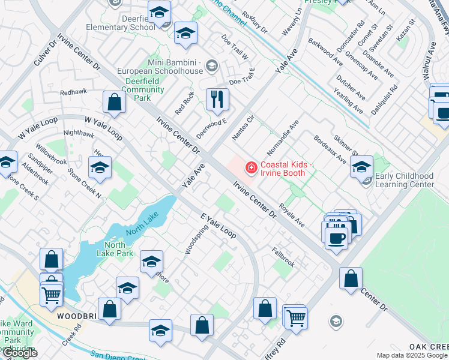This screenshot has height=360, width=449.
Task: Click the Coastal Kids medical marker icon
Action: (x=250, y=167)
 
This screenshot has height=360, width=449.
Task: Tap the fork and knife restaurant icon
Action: (x=217, y=99)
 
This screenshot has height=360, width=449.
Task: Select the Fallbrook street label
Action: (x=283, y=257)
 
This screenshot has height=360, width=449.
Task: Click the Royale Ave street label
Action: (x=293, y=215)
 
